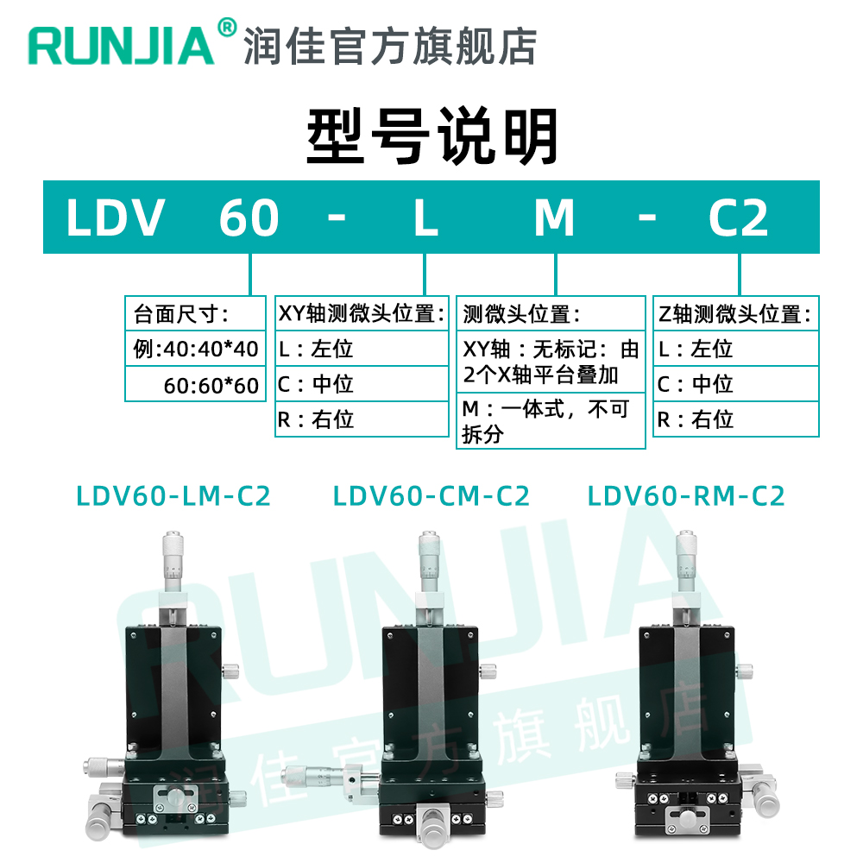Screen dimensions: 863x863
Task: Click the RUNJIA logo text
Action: (121, 46)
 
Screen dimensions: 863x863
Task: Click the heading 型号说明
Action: (432, 136)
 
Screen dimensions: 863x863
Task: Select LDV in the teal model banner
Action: (115, 217)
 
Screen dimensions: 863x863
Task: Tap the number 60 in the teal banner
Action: (249, 217)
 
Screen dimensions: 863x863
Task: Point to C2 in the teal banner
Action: (738, 217)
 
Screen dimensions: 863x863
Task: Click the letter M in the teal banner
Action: (554, 217)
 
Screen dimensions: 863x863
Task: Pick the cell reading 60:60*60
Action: (211, 384)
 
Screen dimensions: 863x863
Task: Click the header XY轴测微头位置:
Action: (362, 312)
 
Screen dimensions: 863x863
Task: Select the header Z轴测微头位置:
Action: (735, 312)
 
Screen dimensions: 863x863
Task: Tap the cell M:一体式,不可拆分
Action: (550, 421)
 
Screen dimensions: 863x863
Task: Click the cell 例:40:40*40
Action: (195, 349)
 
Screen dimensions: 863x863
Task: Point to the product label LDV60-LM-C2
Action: (173, 496)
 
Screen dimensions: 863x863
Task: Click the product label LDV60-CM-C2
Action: (431, 496)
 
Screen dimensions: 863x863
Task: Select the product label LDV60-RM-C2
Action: (686, 496)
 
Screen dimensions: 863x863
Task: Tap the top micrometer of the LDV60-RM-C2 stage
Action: (688, 561)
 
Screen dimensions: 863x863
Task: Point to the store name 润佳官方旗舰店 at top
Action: (390, 46)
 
